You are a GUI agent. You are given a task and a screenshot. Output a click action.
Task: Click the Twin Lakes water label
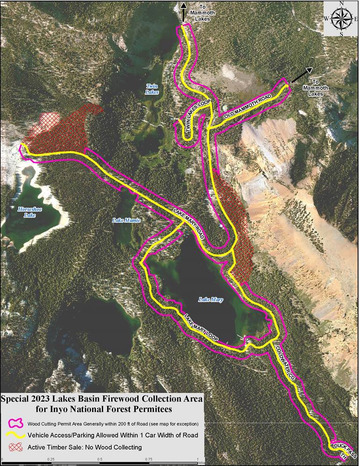[152, 89]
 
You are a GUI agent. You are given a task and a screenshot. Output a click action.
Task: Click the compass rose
[341, 18]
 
